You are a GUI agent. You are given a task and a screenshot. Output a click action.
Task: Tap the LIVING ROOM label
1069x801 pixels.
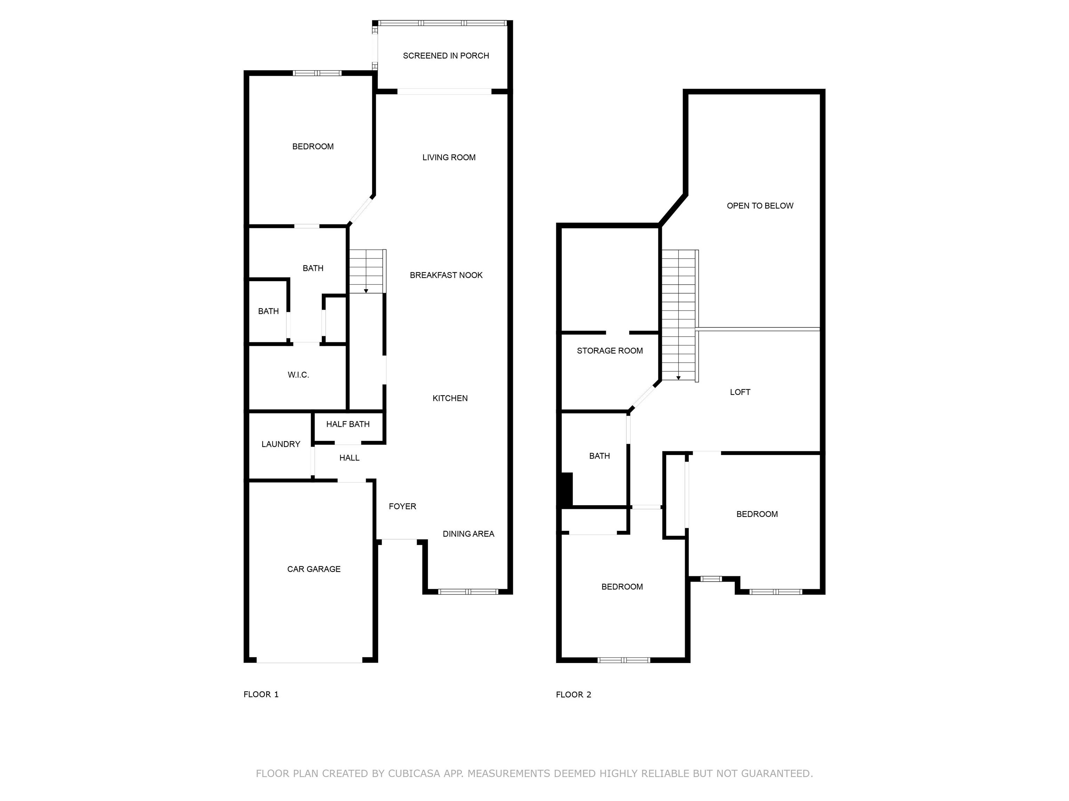[x=449, y=157]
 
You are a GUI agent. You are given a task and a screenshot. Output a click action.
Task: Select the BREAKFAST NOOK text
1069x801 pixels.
[x=446, y=275]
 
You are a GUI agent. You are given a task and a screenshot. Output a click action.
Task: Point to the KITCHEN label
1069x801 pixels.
[x=450, y=398]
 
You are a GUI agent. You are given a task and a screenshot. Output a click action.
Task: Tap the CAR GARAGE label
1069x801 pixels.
[x=314, y=569]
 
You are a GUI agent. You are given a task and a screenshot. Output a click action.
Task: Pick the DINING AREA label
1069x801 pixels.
[x=468, y=534]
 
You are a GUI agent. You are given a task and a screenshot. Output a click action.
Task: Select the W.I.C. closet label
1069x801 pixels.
[x=298, y=375]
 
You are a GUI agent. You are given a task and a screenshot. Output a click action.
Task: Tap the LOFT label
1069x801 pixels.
[x=740, y=392]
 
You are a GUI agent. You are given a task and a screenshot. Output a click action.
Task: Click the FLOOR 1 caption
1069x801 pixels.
[x=261, y=694]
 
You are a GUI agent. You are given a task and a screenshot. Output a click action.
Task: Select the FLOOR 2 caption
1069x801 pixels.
[x=573, y=695]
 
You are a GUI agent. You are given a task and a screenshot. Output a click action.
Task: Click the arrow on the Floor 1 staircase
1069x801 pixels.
[x=366, y=291]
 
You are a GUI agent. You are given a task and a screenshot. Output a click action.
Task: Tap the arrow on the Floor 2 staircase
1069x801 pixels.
[x=679, y=378]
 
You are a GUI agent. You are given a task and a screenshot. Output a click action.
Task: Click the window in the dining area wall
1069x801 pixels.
[x=468, y=591]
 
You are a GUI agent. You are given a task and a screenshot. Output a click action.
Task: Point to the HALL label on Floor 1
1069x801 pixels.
[x=349, y=458]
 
